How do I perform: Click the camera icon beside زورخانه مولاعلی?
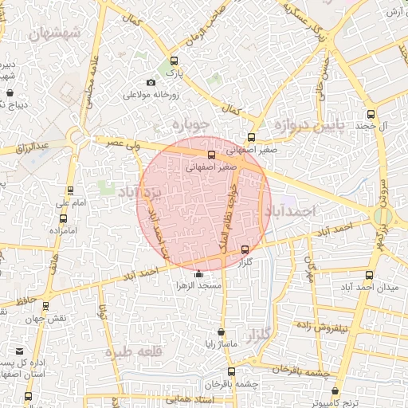(151, 82)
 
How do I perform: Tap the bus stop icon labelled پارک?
(175, 61)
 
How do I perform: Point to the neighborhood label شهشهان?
(53, 34)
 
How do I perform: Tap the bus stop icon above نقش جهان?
(45, 305)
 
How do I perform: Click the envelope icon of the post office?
(18, 350)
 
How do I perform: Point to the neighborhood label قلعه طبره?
(148, 351)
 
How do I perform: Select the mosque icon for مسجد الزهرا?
(198, 275)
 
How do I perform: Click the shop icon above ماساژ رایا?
(221, 332)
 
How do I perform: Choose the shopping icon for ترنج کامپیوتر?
(335, 391)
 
